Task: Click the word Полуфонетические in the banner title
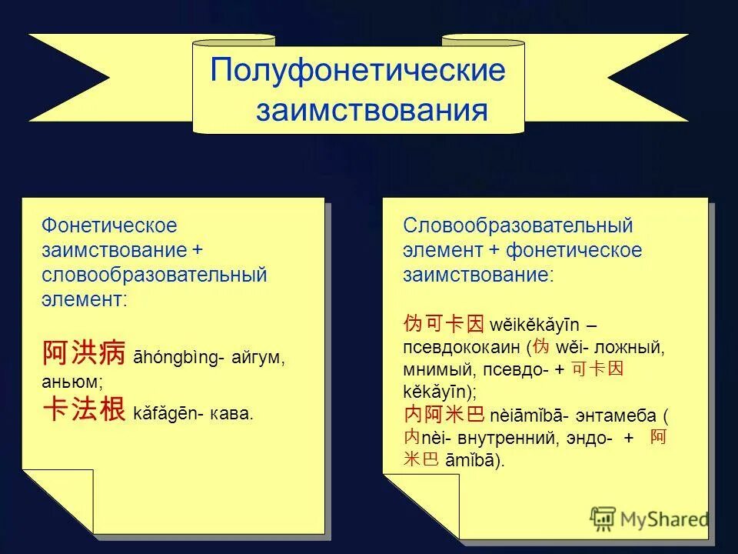pos(358,71)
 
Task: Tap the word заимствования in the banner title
pos(371,110)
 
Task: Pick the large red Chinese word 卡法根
pos(83,409)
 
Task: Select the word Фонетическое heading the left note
pos(109,225)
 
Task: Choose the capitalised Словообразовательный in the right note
pos(517,225)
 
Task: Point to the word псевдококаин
pos(461,347)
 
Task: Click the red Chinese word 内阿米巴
pos(444,415)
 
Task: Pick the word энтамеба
pos(617,416)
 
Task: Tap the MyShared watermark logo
pos(650,519)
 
